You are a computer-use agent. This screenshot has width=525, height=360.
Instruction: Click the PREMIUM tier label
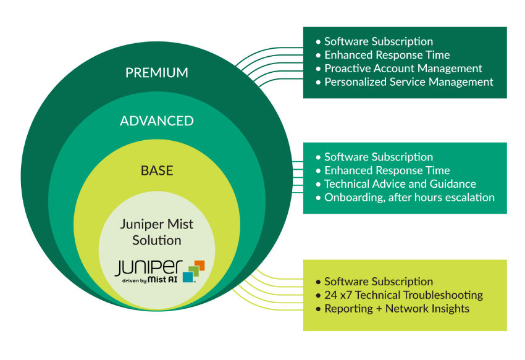tap(157, 73)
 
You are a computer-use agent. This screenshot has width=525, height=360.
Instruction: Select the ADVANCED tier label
tap(157, 121)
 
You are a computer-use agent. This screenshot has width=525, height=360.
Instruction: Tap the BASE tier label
tap(157, 170)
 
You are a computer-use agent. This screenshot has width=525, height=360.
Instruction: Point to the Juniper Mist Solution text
tap(157, 232)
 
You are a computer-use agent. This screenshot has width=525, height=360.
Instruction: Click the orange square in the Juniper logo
tap(199, 265)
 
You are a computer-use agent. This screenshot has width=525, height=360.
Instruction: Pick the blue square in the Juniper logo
tap(188, 277)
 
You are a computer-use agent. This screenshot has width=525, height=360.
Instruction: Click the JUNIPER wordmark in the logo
tap(149, 268)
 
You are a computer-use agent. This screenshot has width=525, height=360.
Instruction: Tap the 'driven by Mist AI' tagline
tap(149, 280)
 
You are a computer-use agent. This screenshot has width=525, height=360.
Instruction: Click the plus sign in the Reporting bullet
tap(379, 309)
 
